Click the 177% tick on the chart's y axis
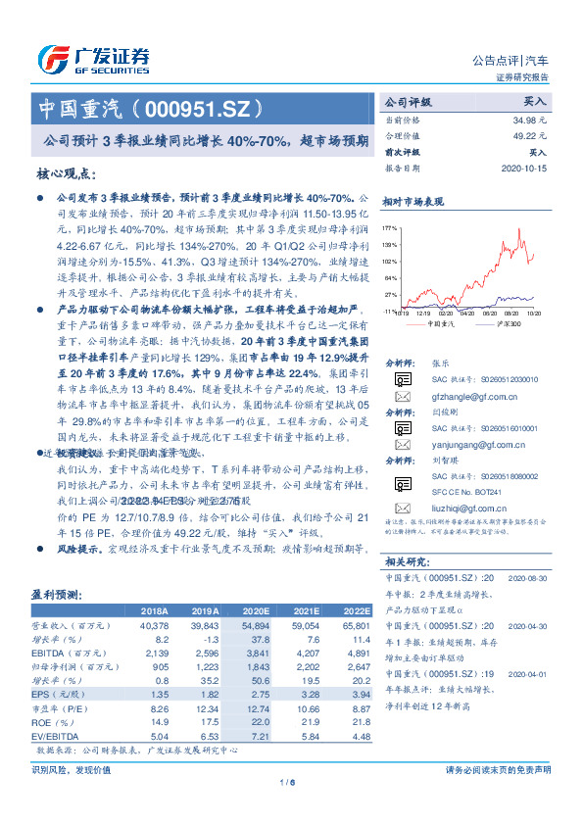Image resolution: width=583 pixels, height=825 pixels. (391, 227)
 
